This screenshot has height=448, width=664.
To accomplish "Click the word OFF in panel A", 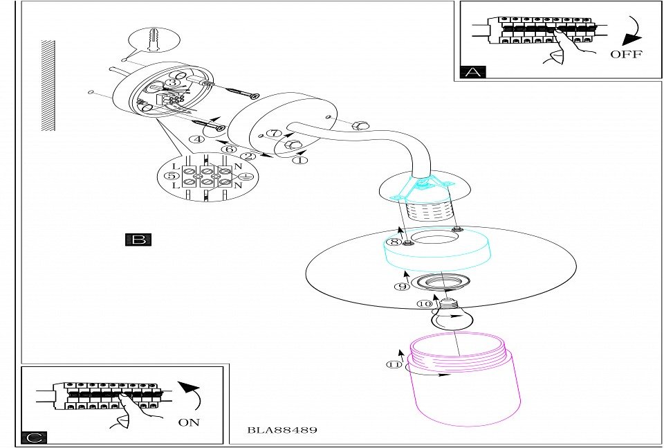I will [x=626, y=54].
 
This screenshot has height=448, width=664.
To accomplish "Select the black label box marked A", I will [x=473, y=71].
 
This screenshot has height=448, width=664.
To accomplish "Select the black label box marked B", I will [x=138, y=240].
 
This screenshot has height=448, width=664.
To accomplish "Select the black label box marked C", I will [x=34, y=438].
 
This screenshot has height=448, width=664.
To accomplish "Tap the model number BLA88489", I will [x=282, y=430].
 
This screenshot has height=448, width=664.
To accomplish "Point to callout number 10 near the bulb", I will [x=425, y=303].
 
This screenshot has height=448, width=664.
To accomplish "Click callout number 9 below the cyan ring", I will [x=402, y=286].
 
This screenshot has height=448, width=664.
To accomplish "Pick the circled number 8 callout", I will [x=393, y=242].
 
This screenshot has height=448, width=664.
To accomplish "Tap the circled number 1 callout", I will [x=299, y=160].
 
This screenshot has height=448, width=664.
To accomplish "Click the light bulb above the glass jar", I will [x=450, y=318].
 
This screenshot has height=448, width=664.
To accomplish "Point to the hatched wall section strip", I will [x=48, y=85].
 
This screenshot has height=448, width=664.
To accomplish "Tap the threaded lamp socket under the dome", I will [x=427, y=210].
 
